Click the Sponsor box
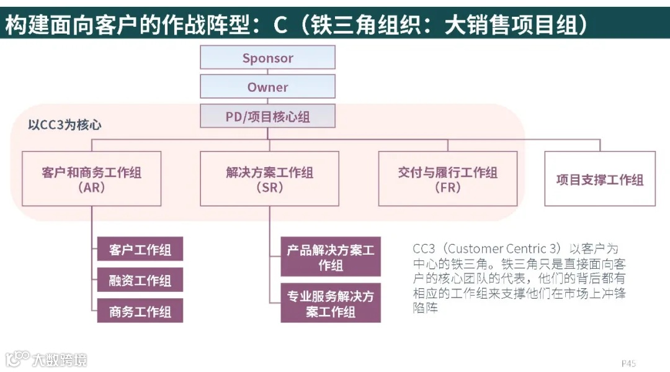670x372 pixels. click(267, 58)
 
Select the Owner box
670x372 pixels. click(267, 87)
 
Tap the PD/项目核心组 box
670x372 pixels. click(267, 117)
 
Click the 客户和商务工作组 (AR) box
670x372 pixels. click(92, 179)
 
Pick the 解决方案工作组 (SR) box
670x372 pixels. click(269, 179)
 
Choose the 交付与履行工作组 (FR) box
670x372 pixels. click(447, 179)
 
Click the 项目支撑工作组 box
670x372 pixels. click(599, 179)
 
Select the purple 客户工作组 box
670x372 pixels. click(140, 250)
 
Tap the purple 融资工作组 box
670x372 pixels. click(140, 281)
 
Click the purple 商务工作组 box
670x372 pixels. click(140, 311)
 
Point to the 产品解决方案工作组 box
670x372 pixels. click(330, 258)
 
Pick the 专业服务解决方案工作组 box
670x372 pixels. click(330, 304)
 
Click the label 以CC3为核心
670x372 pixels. click(65, 125)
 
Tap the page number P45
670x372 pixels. click(628, 363)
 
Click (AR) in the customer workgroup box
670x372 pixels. click(92, 188)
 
